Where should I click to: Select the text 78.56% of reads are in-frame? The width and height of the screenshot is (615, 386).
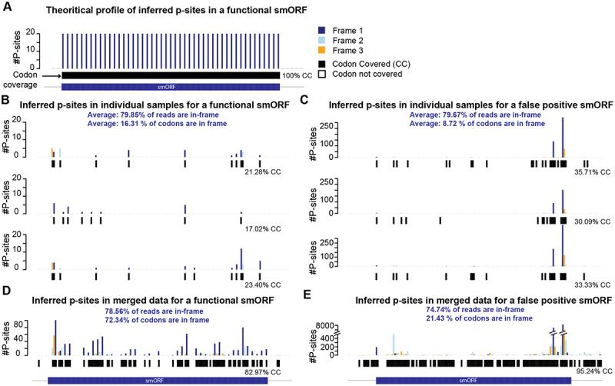point(157,310)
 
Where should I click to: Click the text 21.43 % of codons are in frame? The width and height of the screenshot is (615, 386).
point(469,318)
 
